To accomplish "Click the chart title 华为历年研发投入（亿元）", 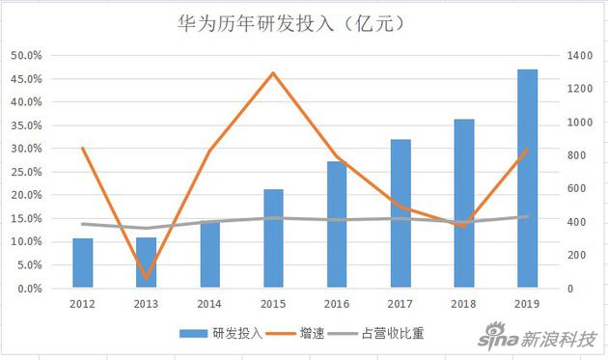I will pos(303,21).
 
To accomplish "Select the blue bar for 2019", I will pos(527,179).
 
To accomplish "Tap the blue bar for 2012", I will pos(83,263).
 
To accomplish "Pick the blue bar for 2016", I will pos(337,224).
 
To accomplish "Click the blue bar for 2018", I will pos(463,203).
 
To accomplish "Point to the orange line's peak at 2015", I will pos(273,72).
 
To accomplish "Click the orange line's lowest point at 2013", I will pos(147,278).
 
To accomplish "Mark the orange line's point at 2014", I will pos(210,152).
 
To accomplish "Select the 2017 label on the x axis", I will pos(400,303).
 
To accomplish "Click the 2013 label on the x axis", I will pos(147,303).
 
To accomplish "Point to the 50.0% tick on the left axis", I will pos(27,55).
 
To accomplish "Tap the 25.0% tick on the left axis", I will pos(27,172).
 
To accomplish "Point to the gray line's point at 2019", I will pos(527,217).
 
